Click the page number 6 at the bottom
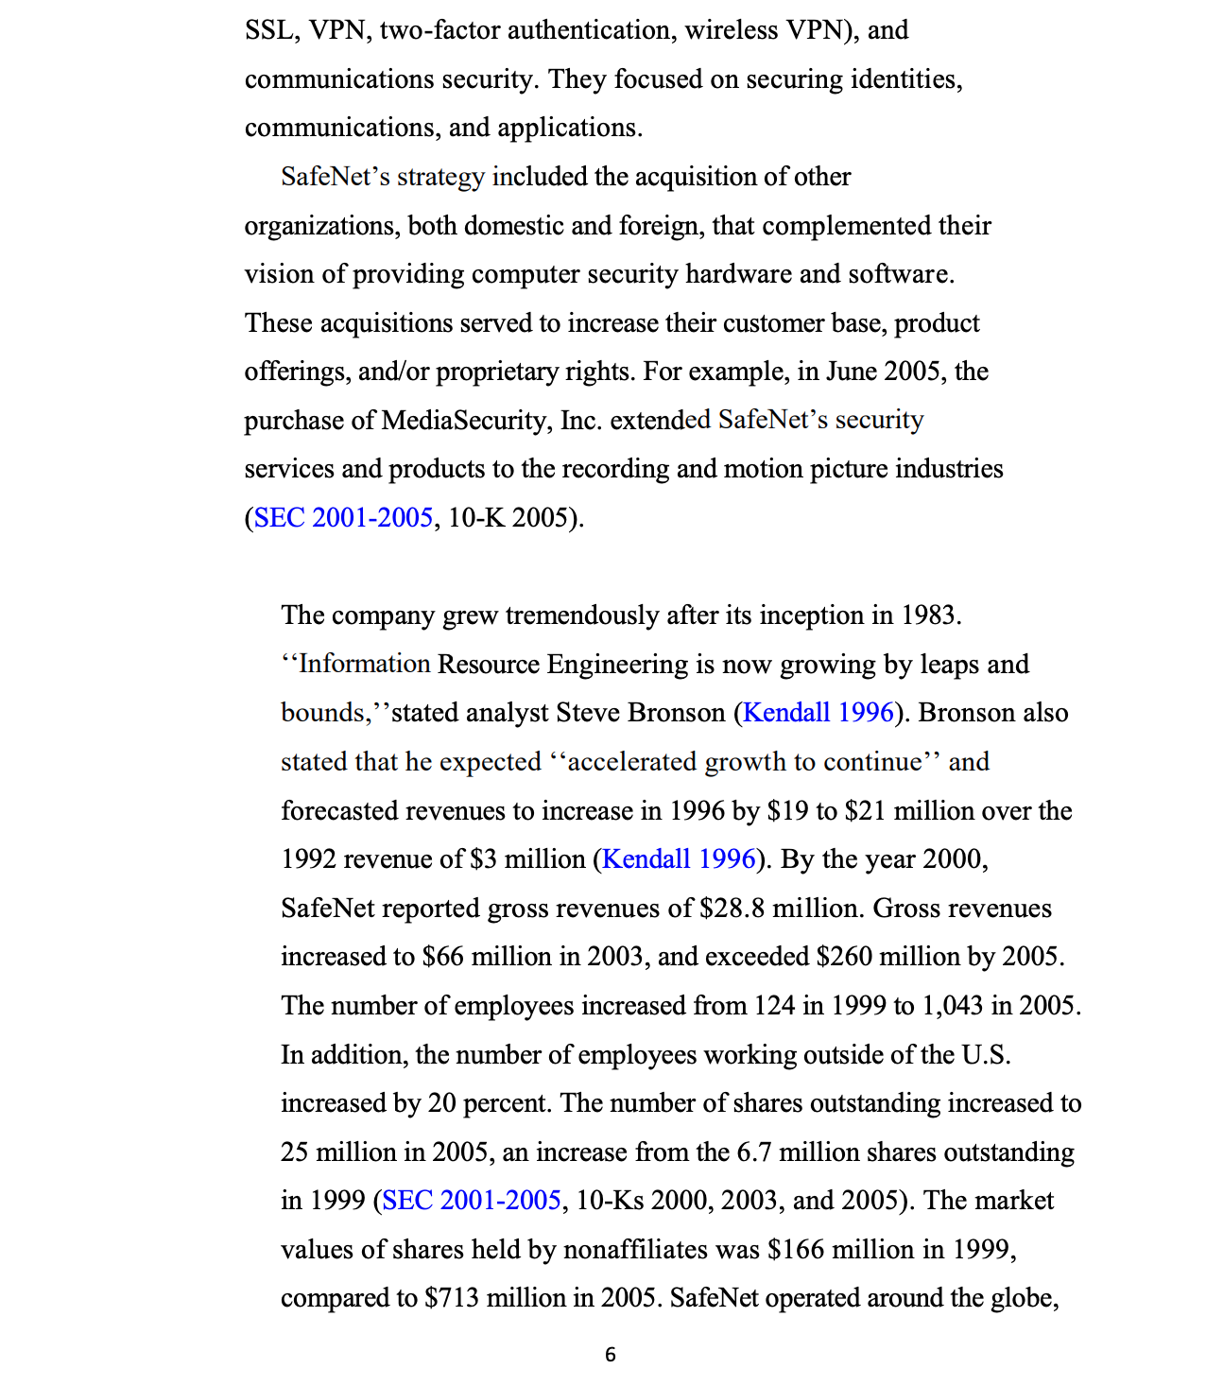(610, 1354)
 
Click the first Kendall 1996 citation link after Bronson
(818, 712)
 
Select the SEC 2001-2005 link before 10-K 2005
(343, 517)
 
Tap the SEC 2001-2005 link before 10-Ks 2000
(472, 1200)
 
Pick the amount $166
(792, 1249)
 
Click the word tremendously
(581, 615)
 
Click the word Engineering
(617, 664)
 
